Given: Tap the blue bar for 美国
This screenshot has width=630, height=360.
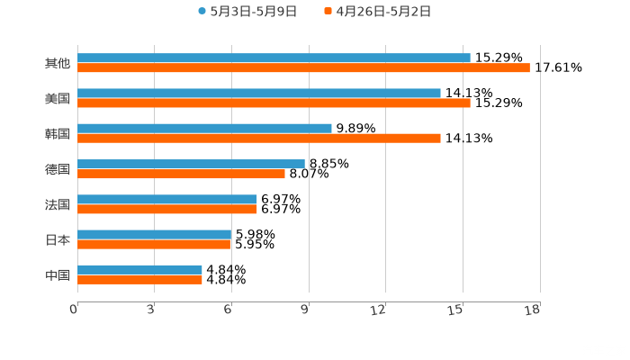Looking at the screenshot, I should click(x=259, y=94).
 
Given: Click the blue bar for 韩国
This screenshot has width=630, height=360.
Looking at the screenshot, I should click(x=204, y=129).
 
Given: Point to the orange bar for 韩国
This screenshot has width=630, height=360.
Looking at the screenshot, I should click(x=259, y=139).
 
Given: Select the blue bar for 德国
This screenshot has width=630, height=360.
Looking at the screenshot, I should click(x=191, y=164).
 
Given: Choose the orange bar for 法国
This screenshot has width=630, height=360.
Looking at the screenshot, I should click(x=167, y=209).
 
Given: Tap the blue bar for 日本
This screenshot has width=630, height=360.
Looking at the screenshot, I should click(x=154, y=234).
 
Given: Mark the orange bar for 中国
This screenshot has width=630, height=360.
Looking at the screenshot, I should click(x=139, y=279).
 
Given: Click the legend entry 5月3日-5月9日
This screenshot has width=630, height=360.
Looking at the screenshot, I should click(x=247, y=12).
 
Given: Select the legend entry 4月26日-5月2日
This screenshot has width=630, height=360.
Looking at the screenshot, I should click(x=377, y=12).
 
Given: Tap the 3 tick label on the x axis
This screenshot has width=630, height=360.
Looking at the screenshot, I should click(x=151, y=310).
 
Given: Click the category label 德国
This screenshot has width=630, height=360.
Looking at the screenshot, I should click(x=58, y=169).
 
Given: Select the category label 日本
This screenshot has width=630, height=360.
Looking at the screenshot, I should click(x=58, y=239).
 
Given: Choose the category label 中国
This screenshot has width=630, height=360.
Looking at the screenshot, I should click(x=58, y=274).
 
